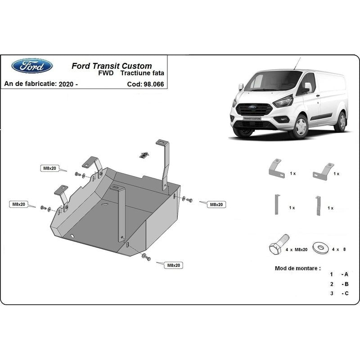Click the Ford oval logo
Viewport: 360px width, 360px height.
pos(32,66)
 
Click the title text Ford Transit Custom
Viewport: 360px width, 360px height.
pos(112,66)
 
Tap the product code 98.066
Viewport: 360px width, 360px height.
pos(154,84)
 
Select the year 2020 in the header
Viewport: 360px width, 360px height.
pos(66,84)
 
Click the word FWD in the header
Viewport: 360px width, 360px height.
pos(106,73)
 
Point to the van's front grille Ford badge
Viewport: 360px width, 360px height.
pos(252,107)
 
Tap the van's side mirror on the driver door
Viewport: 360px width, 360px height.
pos(308,87)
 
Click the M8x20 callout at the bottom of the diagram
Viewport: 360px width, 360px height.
pos(174,265)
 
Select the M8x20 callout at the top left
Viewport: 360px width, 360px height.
pos(49,168)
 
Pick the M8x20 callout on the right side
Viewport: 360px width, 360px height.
pos(216,205)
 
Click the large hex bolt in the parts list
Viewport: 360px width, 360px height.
pos(279,245)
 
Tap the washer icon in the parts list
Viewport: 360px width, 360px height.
pos(320,247)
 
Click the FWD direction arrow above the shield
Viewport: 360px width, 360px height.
pos(144,155)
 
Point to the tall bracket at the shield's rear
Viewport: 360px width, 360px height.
pos(164,165)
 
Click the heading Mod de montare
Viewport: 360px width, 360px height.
pos(298,268)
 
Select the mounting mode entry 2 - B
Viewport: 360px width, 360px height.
pos(339,284)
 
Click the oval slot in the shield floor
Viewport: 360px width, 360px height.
pos(105,204)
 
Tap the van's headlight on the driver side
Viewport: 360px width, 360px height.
pos(283,102)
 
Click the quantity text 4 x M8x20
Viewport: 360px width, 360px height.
pos(297,250)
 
